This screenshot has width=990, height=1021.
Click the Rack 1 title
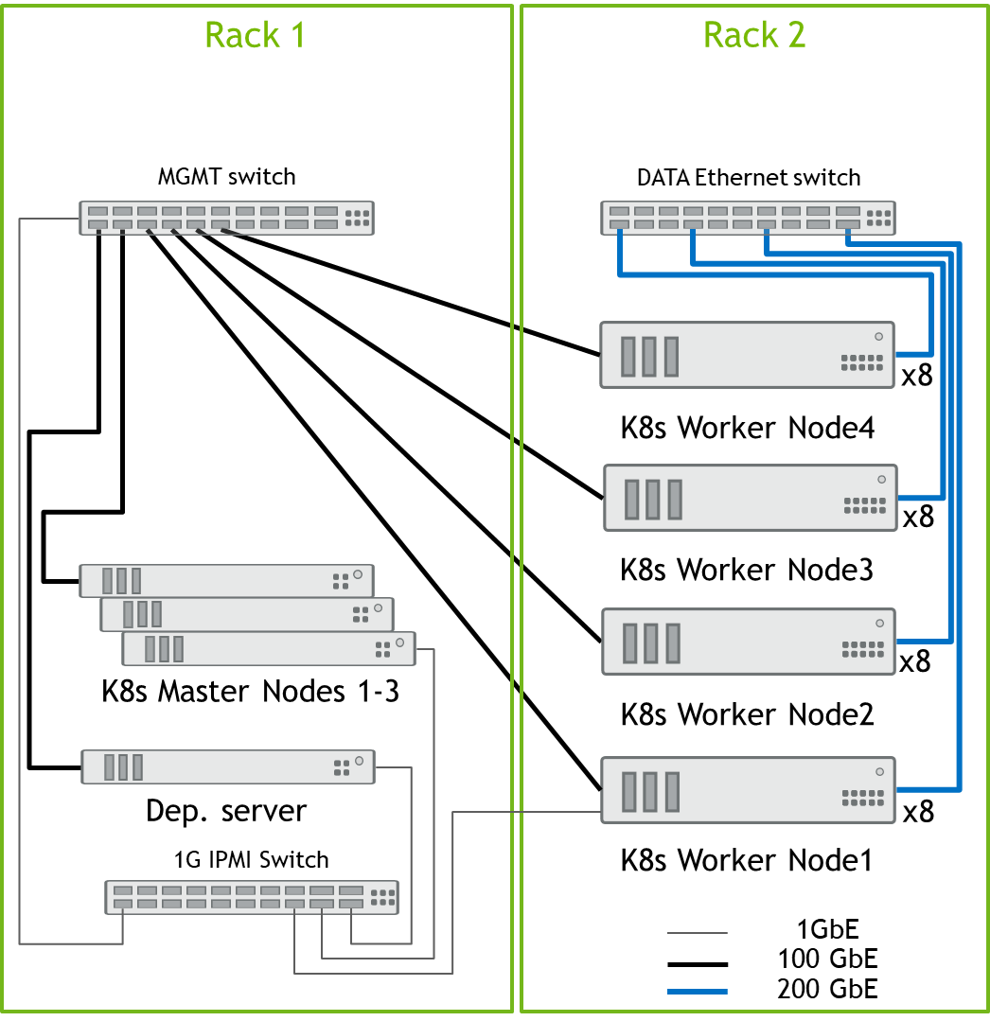click(255, 35)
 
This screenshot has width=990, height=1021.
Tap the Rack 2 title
click(754, 35)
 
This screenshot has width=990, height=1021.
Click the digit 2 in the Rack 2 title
click(796, 35)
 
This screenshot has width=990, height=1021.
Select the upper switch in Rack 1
click(227, 218)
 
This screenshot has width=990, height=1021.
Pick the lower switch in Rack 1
click(252, 897)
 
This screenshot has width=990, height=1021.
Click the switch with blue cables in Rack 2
click(749, 218)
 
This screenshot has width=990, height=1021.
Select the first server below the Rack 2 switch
click(748, 355)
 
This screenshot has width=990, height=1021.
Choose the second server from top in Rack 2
click(751, 497)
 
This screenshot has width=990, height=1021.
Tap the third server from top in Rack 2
click(749, 642)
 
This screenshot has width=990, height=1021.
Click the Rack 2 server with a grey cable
click(749, 789)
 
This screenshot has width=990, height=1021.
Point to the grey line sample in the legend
click(698, 933)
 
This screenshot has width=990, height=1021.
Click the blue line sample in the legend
click(698, 992)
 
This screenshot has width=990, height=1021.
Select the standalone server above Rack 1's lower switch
click(228, 766)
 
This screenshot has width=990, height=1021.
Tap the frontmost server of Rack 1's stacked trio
click(269, 648)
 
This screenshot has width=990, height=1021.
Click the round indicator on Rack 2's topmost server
click(879, 336)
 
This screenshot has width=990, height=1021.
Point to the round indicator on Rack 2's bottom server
click(879, 771)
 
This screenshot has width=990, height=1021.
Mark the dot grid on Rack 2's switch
click(878, 218)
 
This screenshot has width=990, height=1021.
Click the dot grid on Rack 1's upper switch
click(357, 218)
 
